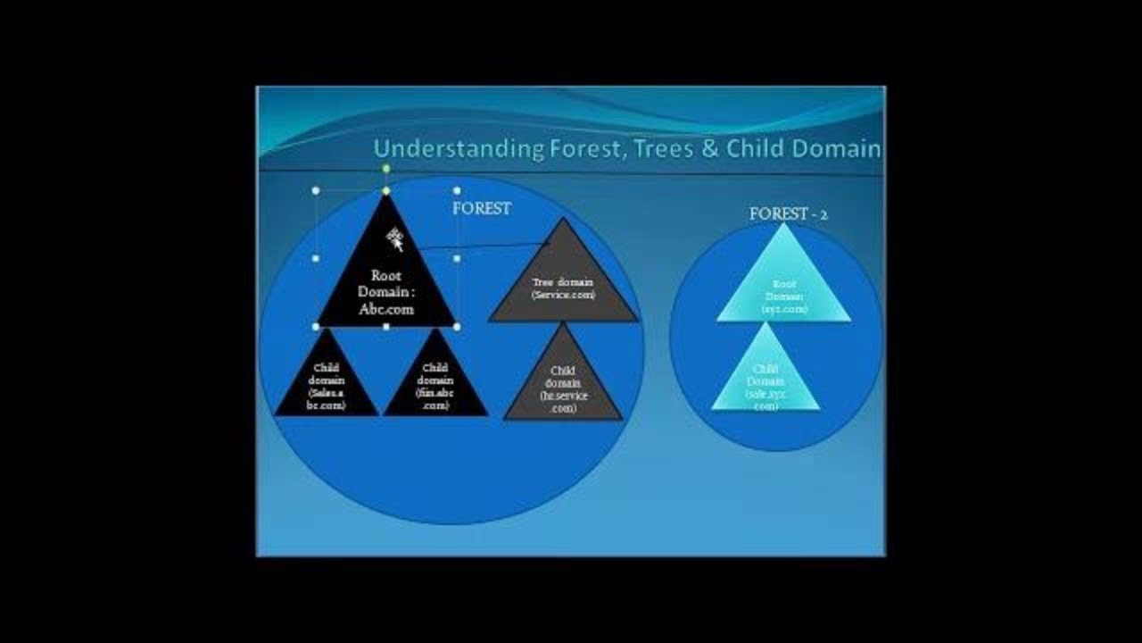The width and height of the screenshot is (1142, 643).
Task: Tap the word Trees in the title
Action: pyautogui.click(x=661, y=149)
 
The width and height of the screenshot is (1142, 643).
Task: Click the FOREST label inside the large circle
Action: pyautogui.click(x=482, y=208)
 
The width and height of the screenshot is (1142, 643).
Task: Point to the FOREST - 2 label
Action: pyautogui.click(x=788, y=214)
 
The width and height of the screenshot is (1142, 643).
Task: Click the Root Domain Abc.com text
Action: pyautogui.click(x=386, y=293)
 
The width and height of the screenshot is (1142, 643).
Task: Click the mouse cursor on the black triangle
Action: pyautogui.click(x=394, y=238)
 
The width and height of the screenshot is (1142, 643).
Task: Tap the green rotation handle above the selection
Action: pyautogui.click(x=386, y=168)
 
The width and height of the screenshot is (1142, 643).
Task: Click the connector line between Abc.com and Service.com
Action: pyautogui.click(x=482, y=244)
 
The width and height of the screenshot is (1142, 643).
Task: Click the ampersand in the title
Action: pyautogui.click(x=710, y=149)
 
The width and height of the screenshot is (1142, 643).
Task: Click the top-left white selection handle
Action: pyautogui.click(x=316, y=190)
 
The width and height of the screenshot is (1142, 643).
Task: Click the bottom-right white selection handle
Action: pyautogui.click(x=457, y=327)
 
